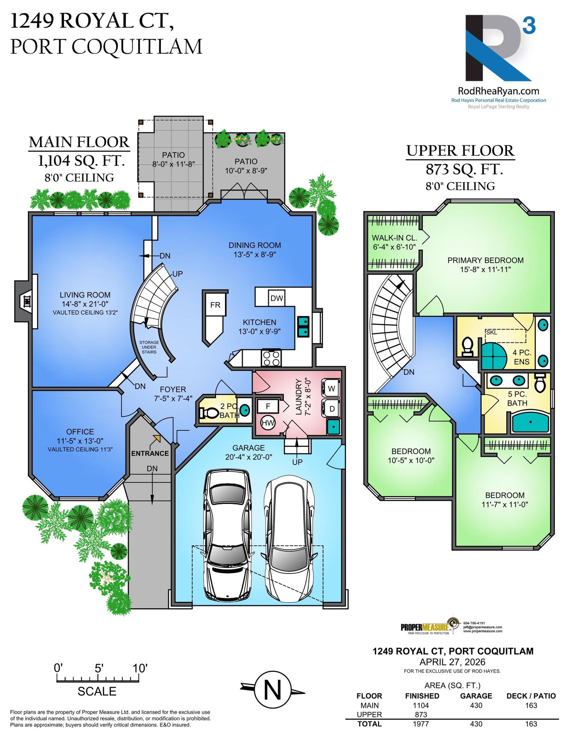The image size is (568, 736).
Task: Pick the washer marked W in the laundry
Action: tap(331, 388)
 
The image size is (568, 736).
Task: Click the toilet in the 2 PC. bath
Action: tap(208, 413)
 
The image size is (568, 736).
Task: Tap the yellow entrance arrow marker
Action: tap(156, 438)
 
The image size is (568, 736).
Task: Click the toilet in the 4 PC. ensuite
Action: tap(467, 347)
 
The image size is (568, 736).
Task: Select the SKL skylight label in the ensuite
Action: tap(491, 332)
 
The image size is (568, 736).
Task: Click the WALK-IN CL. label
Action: tap(394, 238)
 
